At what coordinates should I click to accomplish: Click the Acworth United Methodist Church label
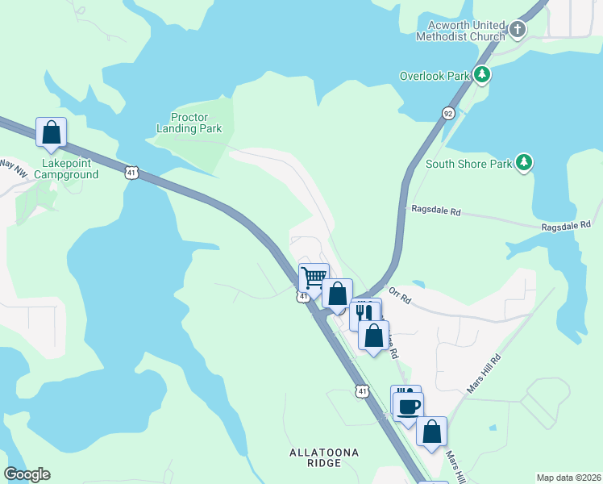pos(460,31)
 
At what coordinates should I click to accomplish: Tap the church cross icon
pos(518,31)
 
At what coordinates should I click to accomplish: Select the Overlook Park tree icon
pos(482,76)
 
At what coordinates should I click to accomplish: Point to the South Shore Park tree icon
pos(524,164)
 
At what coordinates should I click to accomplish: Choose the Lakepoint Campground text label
pos(66,169)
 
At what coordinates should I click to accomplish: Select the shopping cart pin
pos(314,277)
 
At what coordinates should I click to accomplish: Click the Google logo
pos(27,474)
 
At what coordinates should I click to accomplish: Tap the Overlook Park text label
pos(435,77)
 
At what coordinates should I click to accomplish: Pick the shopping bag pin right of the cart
pos(337,293)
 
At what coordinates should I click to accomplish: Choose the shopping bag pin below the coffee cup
pos(432,432)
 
